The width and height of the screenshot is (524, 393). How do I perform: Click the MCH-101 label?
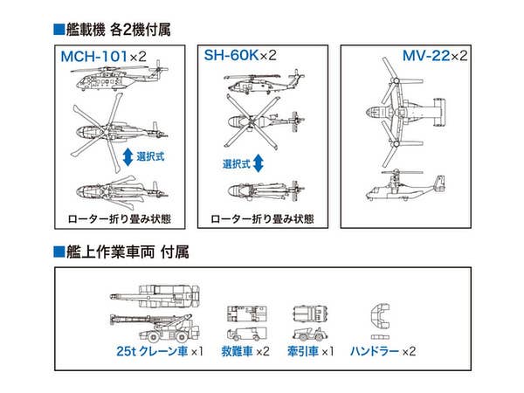[x=97, y=59]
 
